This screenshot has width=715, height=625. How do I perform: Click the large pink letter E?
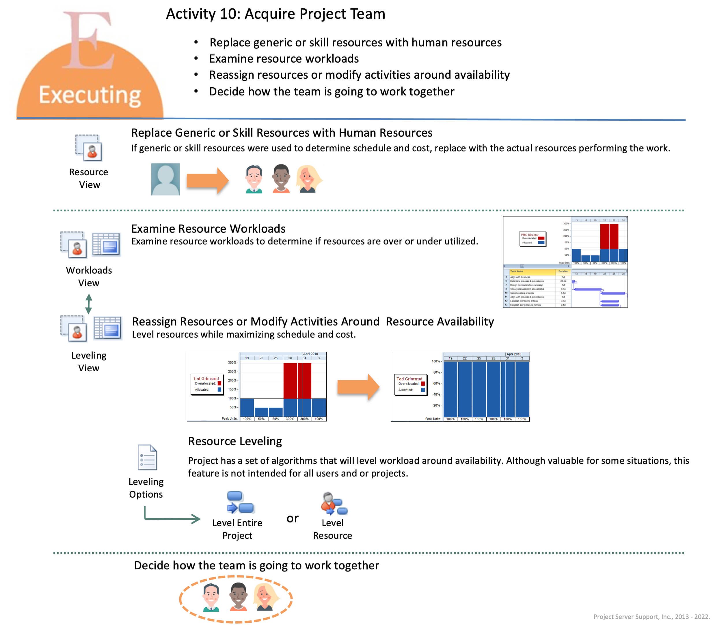89,40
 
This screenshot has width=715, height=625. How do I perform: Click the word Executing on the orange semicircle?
90,95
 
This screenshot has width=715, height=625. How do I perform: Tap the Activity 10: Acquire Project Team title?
275,14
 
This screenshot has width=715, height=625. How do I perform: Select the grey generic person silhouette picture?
165,179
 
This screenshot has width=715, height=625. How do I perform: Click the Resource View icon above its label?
89,148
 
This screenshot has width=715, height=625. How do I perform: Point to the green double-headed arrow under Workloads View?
89,304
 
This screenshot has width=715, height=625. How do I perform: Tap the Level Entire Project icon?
240,502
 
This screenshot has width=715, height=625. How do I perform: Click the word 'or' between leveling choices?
292,518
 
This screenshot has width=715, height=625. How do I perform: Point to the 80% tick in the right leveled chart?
437,372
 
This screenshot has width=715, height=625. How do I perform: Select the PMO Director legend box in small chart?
532,239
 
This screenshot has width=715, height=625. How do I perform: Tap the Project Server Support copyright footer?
651,616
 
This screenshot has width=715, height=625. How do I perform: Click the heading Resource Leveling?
235,441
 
